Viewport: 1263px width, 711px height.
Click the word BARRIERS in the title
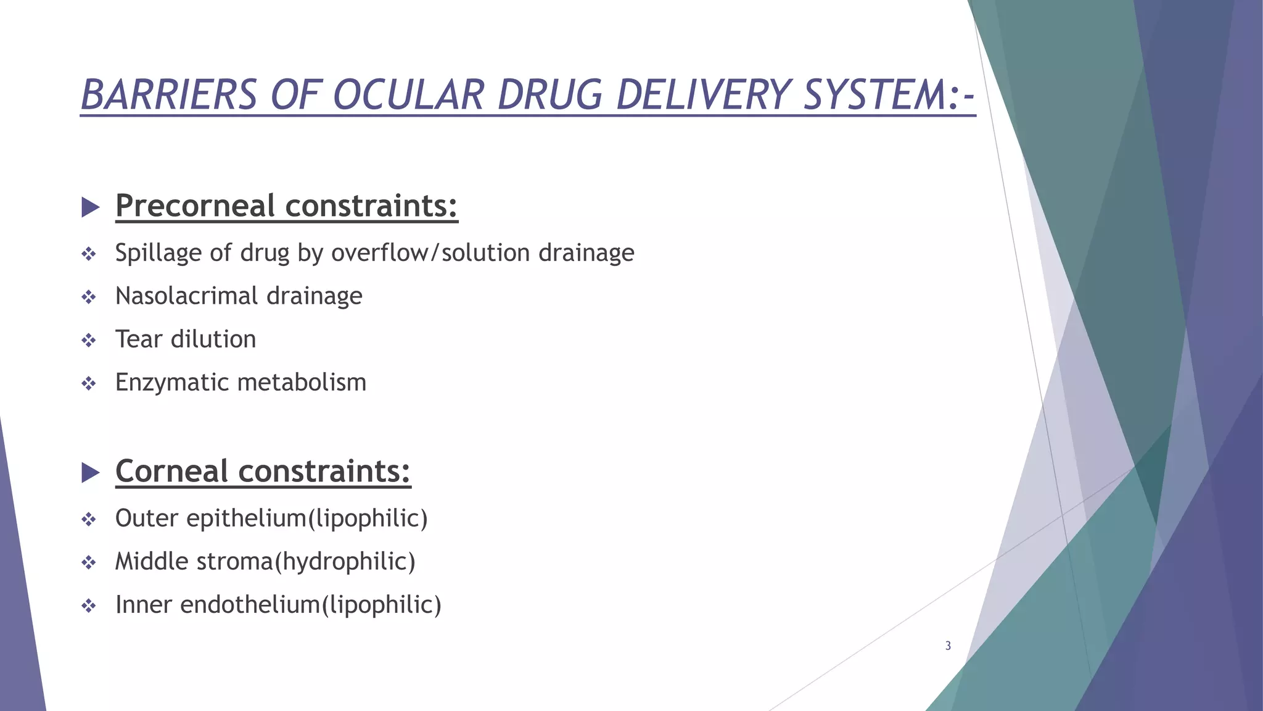pyautogui.click(x=168, y=95)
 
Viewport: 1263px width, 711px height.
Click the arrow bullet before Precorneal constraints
pyautogui.click(x=90, y=207)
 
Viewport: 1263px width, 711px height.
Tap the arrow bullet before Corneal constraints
pyautogui.click(x=90, y=473)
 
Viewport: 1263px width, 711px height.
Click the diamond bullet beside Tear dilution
pyautogui.click(x=89, y=340)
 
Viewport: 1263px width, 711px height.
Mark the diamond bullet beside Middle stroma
pyautogui.click(x=89, y=562)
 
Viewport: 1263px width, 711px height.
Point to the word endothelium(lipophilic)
pyautogui.click(x=311, y=605)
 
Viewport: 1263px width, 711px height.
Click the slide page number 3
pyautogui.click(x=948, y=646)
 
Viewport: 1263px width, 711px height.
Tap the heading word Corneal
pyautogui.click(x=172, y=471)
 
